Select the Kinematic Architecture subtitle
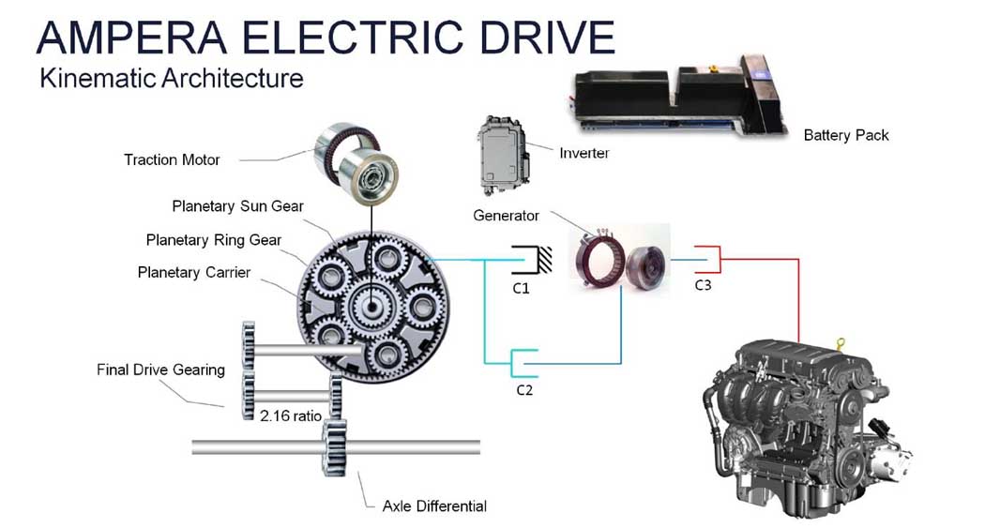point(172,78)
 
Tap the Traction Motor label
point(172,159)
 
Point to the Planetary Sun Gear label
point(237,205)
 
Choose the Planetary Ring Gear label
point(213,240)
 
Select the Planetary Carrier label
point(195,273)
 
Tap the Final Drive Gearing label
point(160,370)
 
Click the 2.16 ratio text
point(291,414)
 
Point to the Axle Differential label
point(434,506)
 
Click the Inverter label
point(583,153)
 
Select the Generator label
point(506,216)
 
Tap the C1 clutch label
point(521,288)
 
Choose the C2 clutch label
point(523,389)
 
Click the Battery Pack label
point(845,135)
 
